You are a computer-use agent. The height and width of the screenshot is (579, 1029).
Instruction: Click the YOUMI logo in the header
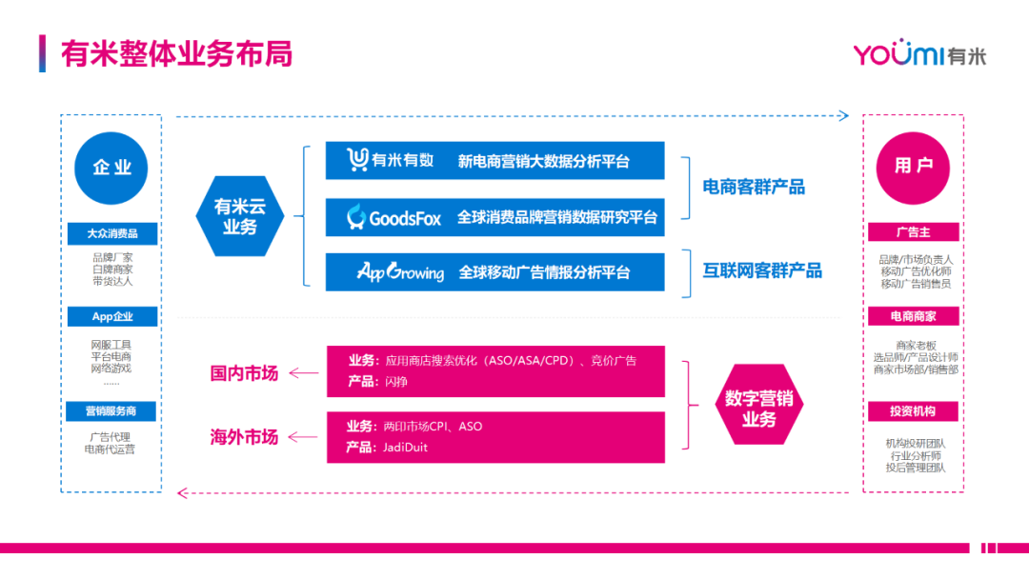[918, 54]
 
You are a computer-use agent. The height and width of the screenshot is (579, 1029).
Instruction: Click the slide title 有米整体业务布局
[176, 53]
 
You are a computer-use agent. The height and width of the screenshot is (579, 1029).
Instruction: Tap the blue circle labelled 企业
[111, 168]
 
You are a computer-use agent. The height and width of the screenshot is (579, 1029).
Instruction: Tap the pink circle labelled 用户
[913, 167]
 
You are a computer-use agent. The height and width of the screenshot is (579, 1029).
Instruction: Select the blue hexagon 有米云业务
[239, 216]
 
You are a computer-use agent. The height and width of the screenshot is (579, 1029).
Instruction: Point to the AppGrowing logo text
[400, 272]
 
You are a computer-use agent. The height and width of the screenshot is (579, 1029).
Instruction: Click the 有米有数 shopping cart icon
[357, 160]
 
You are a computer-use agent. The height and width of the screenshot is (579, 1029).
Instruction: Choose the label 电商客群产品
[754, 187]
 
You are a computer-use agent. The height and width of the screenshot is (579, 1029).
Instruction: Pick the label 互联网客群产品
[762, 270]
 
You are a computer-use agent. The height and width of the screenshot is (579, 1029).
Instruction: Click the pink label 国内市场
[244, 373]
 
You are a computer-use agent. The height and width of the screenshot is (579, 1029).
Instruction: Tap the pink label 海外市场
[244, 437]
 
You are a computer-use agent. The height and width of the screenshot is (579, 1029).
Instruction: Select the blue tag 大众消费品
[112, 233]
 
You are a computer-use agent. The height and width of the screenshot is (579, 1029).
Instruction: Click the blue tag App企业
[112, 316]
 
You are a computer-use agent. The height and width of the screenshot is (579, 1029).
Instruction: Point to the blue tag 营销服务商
[112, 411]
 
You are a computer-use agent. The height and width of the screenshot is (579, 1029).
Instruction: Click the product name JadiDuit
[407, 447]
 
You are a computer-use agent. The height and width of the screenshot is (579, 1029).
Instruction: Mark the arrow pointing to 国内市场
[304, 373]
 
